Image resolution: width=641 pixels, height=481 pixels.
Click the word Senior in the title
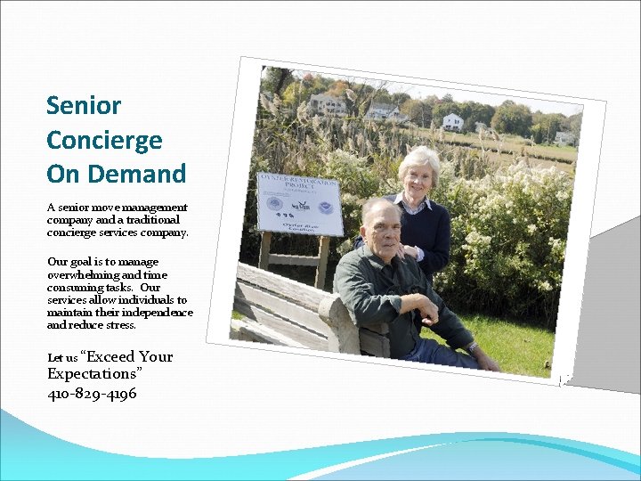pyautogui.click(x=84, y=106)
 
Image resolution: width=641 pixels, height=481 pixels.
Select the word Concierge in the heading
pyautogui.click(x=104, y=140)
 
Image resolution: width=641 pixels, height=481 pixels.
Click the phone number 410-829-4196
pyautogui.click(x=92, y=393)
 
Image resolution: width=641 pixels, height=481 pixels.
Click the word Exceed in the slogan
pyautogui.click(x=110, y=356)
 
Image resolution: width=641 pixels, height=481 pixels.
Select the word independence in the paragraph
pyautogui.click(x=158, y=313)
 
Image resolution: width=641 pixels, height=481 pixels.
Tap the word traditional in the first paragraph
pyautogui.click(x=148, y=219)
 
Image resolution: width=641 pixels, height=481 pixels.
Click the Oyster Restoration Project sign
pyautogui.click(x=299, y=204)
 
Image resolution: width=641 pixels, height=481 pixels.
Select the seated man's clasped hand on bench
pyautogui.click(x=430, y=311)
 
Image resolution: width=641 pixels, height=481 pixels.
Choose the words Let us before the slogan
pyautogui.click(x=62, y=358)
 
